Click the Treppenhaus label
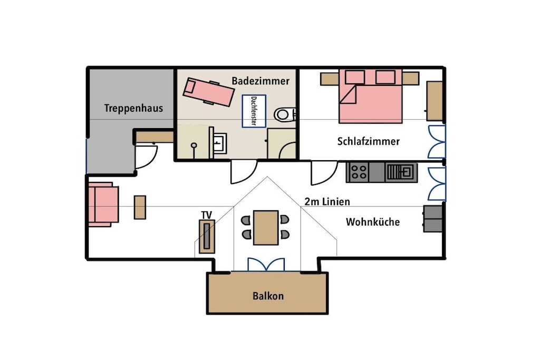[133, 108]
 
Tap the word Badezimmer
[261, 81]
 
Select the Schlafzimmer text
[369, 141]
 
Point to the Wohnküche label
[373, 222]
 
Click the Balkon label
[268, 296]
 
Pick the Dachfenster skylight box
[254, 111]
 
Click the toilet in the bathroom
[285, 114]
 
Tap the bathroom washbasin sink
[219, 142]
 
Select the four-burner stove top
[358, 172]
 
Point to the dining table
[266, 228]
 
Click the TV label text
[207, 216]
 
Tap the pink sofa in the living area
[103, 205]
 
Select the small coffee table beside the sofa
[140, 207]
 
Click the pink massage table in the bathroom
[209, 92]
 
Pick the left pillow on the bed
[355, 77]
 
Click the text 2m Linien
[327, 202]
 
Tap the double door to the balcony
[266, 265]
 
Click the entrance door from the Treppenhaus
[146, 157]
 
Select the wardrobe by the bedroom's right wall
[435, 101]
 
